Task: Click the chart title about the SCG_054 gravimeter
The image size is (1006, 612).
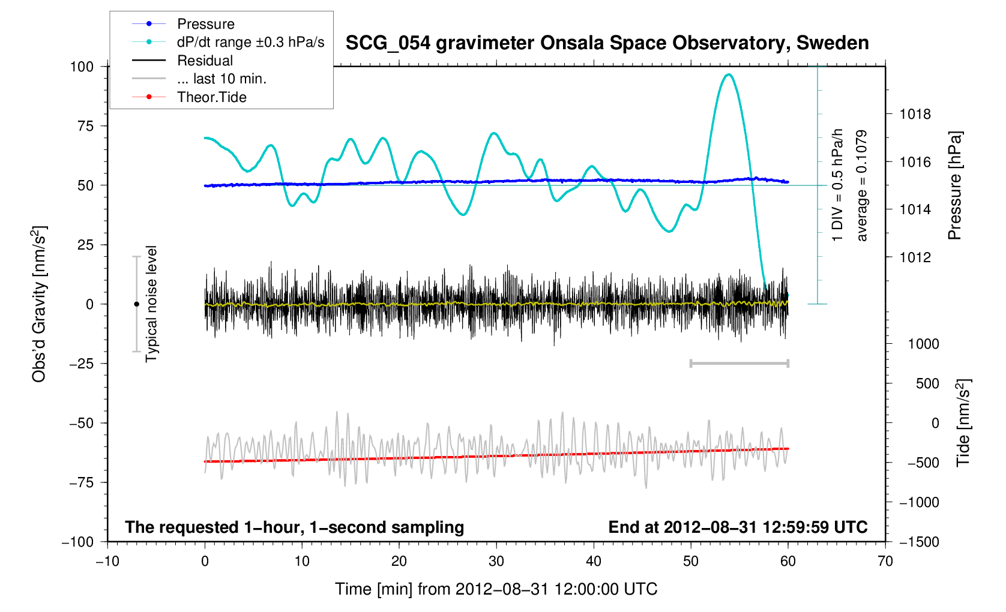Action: click(x=607, y=43)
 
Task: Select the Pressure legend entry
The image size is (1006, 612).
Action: click(x=205, y=24)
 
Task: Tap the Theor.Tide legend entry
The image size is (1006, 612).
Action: click(x=211, y=97)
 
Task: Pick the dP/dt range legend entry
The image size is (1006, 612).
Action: click(x=250, y=42)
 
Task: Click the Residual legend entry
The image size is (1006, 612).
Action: click(x=205, y=61)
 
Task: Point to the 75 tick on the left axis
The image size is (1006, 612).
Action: click(x=82, y=126)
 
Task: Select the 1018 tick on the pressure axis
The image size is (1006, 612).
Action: click(x=915, y=114)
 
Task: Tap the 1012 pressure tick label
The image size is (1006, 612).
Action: click(x=915, y=257)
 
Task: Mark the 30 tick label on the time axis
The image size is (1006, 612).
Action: click(x=496, y=562)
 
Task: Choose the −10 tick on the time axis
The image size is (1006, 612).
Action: click(x=107, y=562)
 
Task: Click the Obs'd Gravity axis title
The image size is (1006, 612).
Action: click(x=39, y=304)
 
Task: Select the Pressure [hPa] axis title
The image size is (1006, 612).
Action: click(x=954, y=185)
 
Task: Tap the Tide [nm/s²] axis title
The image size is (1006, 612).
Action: click(x=963, y=423)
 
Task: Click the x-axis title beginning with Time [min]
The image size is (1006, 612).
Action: click(x=496, y=589)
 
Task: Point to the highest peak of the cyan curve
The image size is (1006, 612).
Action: click(x=729, y=74)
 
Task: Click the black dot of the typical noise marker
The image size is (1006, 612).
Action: click(x=136, y=304)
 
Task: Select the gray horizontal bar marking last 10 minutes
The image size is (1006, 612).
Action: click(x=739, y=363)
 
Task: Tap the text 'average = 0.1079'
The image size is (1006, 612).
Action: click(x=862, y=185)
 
